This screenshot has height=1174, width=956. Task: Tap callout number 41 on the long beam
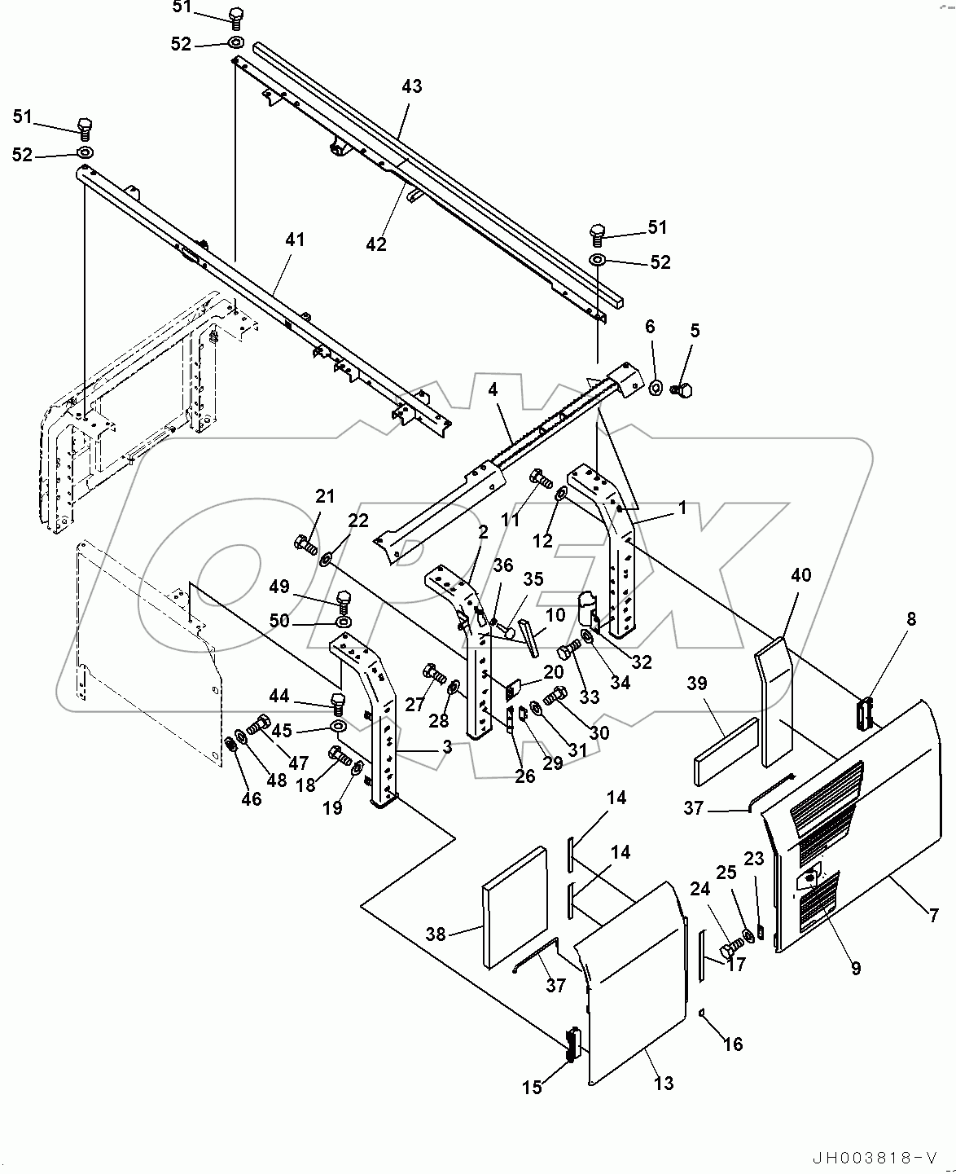(x=294, y=240)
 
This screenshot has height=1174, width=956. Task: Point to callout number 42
(x=376, y=244)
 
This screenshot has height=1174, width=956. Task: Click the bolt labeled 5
(x=682, y=390)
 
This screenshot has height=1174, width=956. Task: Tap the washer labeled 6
(x=655, y=385)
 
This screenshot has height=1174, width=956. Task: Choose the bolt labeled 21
(x=305, y=543)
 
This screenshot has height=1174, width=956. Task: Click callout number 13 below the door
(x=664, y=1084)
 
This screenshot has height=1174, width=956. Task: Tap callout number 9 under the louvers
(x=855, y=968)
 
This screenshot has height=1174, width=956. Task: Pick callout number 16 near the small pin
(x=733, y=1044)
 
